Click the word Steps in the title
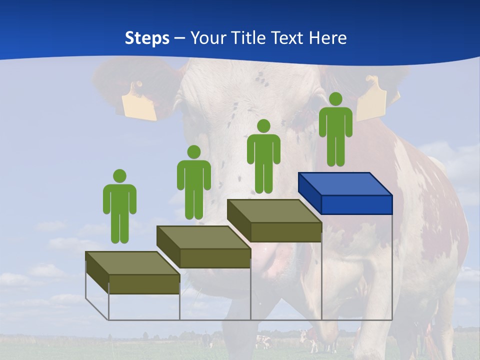pos(147,38)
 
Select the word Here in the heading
pos(327,38)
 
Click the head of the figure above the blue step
pos(335,99)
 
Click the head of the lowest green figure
pos(119,176)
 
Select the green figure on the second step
pos(193,182)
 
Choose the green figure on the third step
pos(263,156)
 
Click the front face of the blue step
pos(356,204)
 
